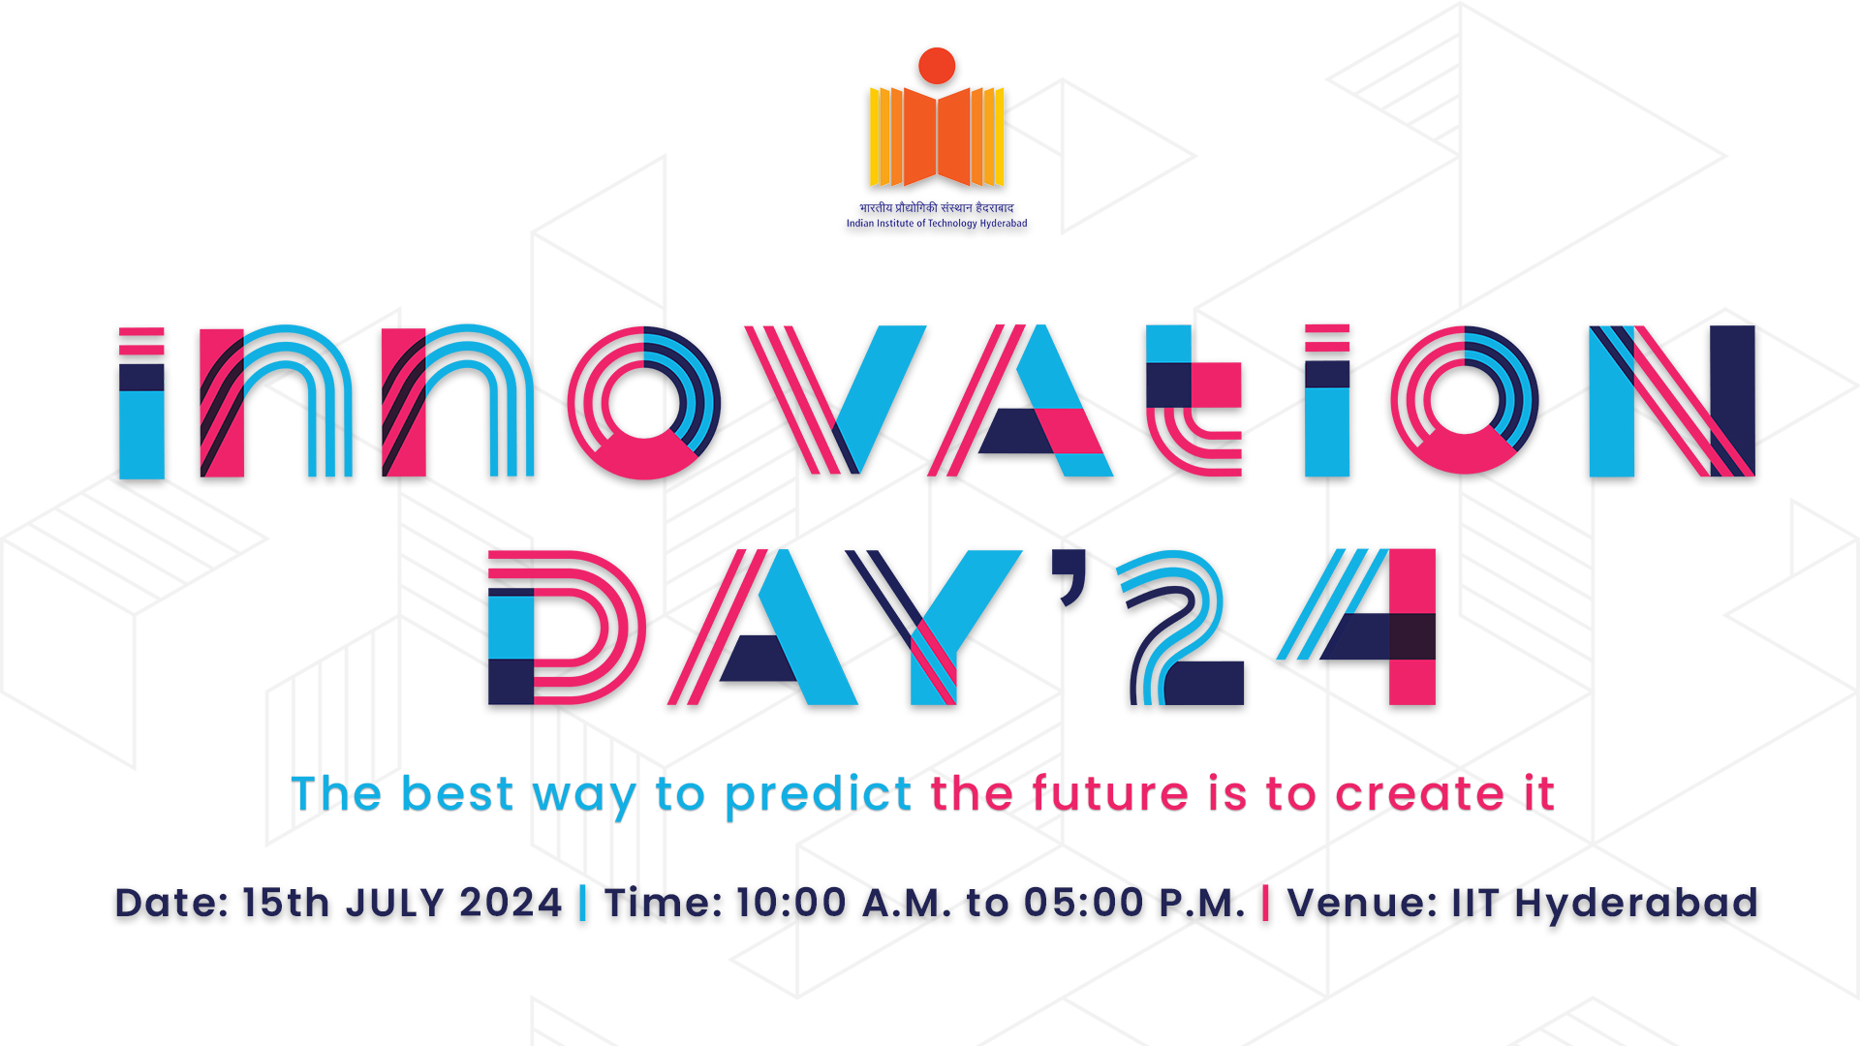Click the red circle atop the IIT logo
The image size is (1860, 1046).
click(937, 66)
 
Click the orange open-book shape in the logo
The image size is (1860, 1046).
click(937, 137)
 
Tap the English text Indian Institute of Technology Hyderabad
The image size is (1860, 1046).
click(937, 224)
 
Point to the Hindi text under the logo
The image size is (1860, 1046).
click(937, 207)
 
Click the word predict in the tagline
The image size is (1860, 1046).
click(819, 795)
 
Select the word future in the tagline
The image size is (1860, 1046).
click(1109, 794)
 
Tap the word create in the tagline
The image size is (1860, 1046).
click(1419, 794)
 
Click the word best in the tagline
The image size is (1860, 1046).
click(457, 794)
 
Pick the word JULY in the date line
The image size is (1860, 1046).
click(394, 903)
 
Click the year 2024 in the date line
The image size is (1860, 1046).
click(511, 903)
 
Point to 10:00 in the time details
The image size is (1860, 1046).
click(791, 903)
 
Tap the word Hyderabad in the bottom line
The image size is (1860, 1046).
click(1636, 903)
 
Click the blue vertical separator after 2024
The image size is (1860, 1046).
click(582, 903)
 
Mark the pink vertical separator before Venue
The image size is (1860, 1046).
click(1266, 903)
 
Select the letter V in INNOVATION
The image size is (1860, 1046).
click(835, 399)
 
